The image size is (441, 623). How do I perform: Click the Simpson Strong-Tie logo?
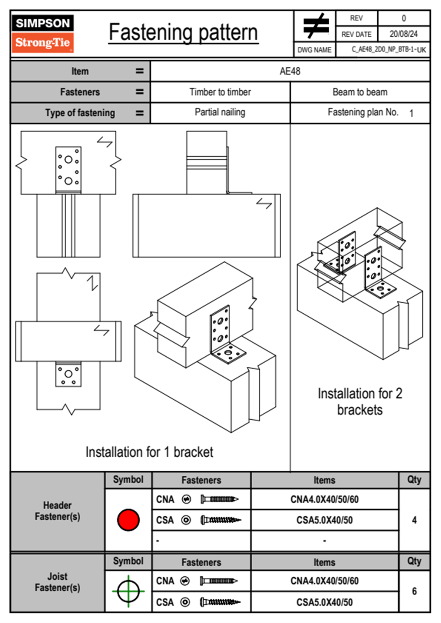(43, 33)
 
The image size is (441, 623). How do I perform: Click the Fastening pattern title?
(183, 33)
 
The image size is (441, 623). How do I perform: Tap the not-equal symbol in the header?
(315, 26)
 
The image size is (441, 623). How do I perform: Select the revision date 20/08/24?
(403, 34)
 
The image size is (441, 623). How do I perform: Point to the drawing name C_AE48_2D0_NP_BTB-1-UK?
(388, 50)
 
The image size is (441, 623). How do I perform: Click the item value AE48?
(290, 71)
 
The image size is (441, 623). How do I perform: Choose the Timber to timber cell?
(220, 92)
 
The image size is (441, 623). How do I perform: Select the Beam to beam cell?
(360, 92)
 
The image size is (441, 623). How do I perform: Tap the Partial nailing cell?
(220, 112)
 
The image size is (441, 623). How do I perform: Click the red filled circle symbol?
(128, 520)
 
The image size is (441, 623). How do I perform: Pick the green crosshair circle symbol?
(128, 591)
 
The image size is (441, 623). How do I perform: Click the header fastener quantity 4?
(414, 520)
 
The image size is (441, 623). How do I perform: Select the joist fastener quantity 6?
(414, 591)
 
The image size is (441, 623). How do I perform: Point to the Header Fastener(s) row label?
(57, 511)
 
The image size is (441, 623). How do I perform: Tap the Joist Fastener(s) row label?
(57, 582)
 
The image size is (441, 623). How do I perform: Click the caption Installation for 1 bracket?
(149, 452)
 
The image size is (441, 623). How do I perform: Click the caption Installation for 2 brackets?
(360, 402)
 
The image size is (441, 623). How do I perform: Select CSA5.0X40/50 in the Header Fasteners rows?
(324, 520)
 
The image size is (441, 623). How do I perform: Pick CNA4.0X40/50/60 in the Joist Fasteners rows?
(324, 581)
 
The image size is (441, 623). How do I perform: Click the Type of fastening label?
(80, 113)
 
